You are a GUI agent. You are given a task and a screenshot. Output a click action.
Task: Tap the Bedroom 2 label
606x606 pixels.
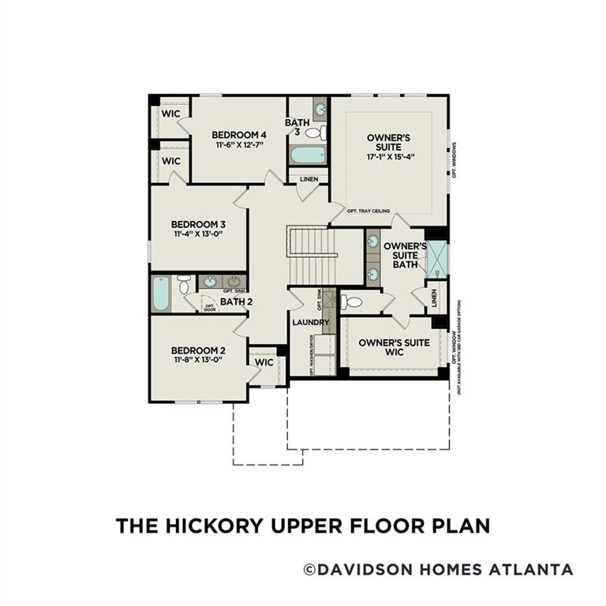pyautogui.click(x=198, y=350)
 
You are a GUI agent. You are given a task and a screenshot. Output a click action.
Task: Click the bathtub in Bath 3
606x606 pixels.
pyautogui.click(x=308, y=154)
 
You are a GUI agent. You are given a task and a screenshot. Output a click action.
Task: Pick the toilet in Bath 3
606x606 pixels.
pyautogui.click(x=316, y=133)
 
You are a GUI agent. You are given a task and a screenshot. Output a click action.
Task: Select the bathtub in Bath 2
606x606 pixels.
pyautogui.click(x=161, y=294)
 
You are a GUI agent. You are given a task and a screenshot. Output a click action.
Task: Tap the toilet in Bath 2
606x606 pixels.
pyautogui.click(x=184, y=283)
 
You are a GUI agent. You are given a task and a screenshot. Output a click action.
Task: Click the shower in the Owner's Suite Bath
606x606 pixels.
pyautogui.click(x=436, y=260)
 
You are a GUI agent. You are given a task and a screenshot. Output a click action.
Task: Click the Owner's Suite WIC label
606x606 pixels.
pyautogui.click(x=394, y=347)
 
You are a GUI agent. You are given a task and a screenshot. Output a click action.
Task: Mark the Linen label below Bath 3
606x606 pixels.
pyautogui.click(x=309, y=179)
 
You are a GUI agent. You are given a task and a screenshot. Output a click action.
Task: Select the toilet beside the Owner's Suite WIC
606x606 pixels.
pyautogui.click(x=352, y=301)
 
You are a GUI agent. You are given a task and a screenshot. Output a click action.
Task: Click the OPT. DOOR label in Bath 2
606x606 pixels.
pyautogui.click(x=210, y=307)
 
